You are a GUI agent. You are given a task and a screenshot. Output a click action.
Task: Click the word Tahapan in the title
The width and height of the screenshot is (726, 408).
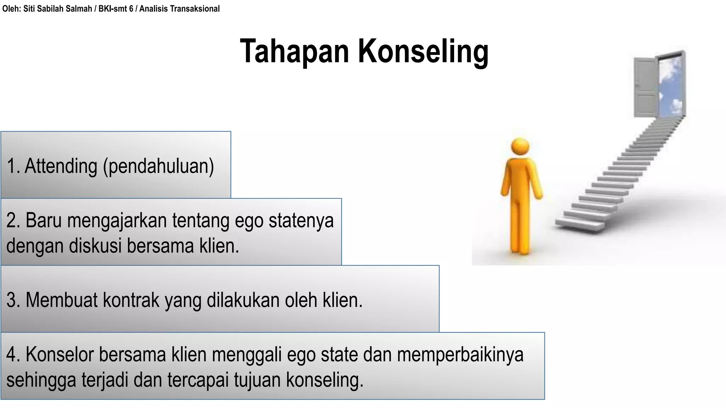[294, 51]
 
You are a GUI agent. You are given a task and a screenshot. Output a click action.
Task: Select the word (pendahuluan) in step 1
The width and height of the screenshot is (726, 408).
[158, 166]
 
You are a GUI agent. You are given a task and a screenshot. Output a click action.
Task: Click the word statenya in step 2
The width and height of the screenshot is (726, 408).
[301, 221]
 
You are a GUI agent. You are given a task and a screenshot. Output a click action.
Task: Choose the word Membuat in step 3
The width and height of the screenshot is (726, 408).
[61, 300]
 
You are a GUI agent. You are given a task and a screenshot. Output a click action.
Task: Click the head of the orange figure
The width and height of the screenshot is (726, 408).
[520, 146]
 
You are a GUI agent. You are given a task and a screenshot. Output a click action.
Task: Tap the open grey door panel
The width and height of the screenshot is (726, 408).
[645, 87]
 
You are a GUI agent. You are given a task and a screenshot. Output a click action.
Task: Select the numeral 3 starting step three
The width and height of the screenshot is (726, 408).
[11, 300]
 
